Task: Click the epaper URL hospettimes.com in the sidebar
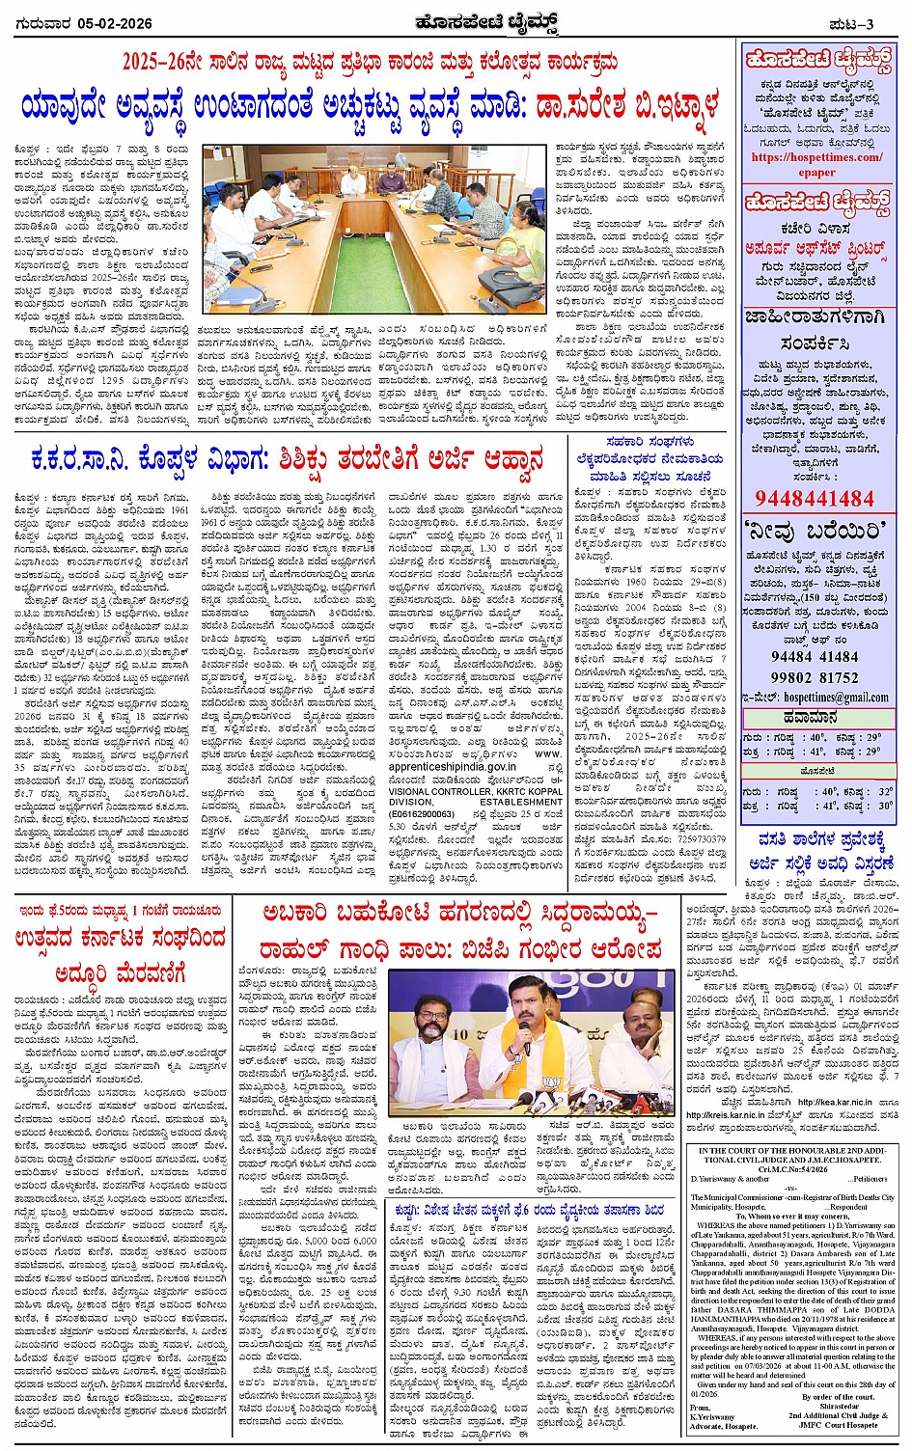click(816, 157)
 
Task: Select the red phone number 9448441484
click(815, 498)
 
